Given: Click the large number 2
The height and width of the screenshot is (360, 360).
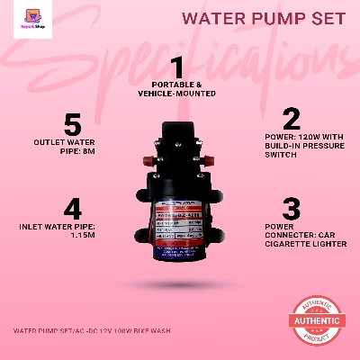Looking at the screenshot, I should (291, 119).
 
